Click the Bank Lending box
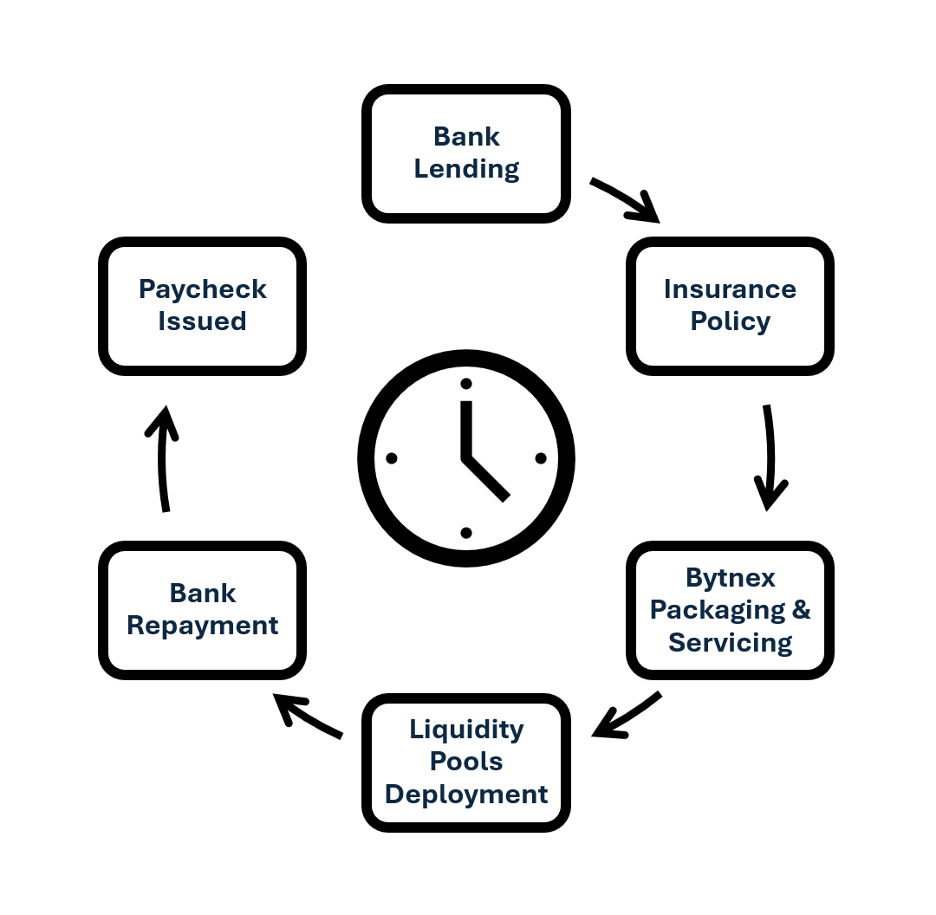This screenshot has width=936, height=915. click(x=466, y=153)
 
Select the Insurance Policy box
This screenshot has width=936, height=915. click(x=730, y=306)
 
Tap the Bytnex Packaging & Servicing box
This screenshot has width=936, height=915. click(x=730, y=610)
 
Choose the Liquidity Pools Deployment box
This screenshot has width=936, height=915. click(x=466, y=762)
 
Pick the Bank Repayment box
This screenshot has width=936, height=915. click(x=203, y=610)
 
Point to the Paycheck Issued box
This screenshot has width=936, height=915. click(x=203, y=306)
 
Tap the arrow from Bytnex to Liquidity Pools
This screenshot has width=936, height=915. click(x=626, y=716)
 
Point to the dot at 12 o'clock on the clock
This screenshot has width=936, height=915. click(x=466, y=384)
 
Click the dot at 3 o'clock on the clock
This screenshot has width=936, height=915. click(x=541, y=458)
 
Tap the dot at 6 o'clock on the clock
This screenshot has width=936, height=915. click(x=466, y=533)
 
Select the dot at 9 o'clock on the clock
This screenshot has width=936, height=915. click(x=392, y=458)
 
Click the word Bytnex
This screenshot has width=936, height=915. click(x=730, y=578)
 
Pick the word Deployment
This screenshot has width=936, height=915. click(x=466, y=795)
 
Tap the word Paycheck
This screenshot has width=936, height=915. click(x=203, y=289)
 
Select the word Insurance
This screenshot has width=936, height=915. click(x=730, y=289)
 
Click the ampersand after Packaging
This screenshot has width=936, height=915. click(x=801, y=610)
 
